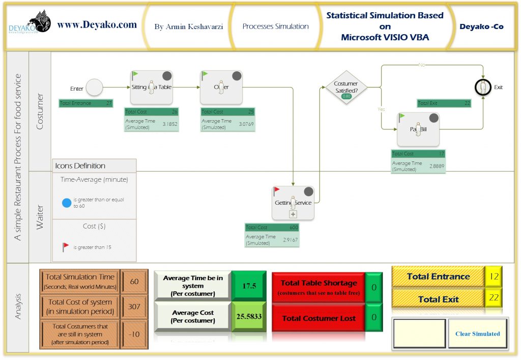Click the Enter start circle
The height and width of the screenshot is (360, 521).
[94, 88]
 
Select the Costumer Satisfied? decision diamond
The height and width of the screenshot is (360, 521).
[346, 87]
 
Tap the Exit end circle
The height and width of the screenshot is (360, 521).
[483, 87]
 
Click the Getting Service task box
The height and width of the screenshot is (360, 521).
[293, 203]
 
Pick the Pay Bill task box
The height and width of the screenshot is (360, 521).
[418, 129]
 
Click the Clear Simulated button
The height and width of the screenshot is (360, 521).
[477, 334]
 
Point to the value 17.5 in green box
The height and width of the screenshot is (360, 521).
[249, 286]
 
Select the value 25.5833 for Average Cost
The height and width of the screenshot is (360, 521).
[249, 316]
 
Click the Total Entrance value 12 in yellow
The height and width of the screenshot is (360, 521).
[494, 276]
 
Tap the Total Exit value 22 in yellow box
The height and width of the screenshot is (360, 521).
[494, 298]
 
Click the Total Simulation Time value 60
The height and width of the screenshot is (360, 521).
[135, 282]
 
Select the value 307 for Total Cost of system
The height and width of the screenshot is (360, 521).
[135, 307]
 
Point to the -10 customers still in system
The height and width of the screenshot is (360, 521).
[135, 334]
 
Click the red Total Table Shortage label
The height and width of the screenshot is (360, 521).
[319, 287]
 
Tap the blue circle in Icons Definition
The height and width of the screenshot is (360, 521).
[66, 203]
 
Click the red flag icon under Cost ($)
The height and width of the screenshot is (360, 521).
[66, 247]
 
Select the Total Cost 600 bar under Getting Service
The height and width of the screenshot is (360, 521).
[272, 228]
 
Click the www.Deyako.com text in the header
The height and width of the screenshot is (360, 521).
[97, 24]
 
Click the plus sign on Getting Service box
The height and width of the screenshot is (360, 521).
[293, 214]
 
